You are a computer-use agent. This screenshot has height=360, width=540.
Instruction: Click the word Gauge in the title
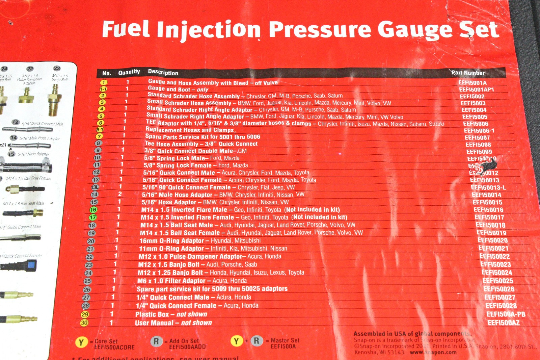416,30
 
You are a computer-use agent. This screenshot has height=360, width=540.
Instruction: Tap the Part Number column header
468,73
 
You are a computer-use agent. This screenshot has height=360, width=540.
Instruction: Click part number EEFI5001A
473,83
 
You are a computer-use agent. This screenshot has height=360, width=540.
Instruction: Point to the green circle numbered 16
93,210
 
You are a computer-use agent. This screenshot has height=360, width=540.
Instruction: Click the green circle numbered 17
93,217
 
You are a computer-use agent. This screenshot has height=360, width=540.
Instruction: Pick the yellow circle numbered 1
104,82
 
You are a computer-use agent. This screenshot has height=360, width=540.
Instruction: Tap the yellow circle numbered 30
84,323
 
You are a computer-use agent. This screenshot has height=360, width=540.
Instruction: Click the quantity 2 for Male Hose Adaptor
120,194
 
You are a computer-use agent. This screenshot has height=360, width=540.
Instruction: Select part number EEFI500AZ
504,323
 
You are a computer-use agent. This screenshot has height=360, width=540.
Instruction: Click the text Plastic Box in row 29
152,314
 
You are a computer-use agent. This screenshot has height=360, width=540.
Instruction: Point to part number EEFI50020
493,240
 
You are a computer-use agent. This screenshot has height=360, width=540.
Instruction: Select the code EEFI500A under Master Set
283,346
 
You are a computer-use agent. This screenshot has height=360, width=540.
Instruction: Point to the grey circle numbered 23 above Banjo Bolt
57,69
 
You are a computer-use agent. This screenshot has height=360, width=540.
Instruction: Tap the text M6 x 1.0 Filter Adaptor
171,281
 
